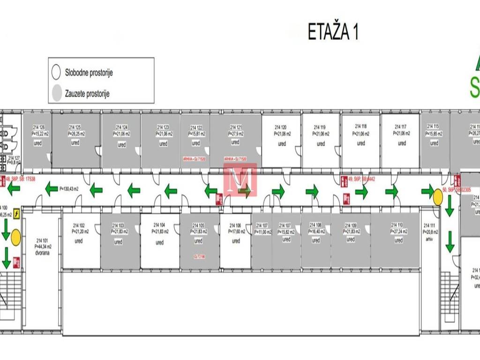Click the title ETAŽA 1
click(x=333, y=32)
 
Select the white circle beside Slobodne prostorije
click(x=56, y=73)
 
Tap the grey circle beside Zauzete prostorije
click(x=56, y=93)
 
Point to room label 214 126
click(x=39, y=127)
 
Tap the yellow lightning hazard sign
click(x=17, y=214)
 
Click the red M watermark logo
click(x=240, y=179)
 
